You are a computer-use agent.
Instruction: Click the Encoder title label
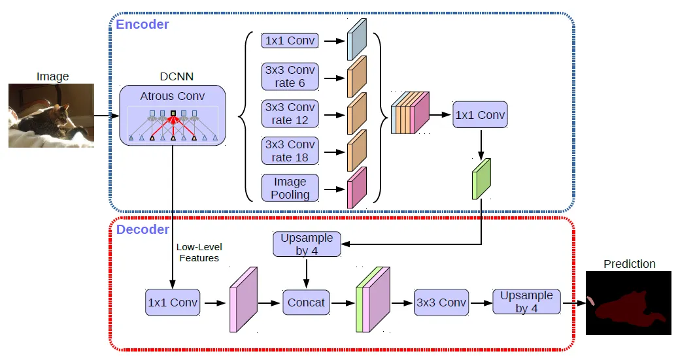click(x=143, y=25)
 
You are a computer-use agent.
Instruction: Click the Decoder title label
click(x=143, y=230)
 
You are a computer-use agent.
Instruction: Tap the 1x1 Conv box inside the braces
click(x=290, y=41)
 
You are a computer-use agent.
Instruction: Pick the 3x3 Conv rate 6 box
click(x=290, y=77)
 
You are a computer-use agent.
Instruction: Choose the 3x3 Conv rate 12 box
click(x=290, y=114)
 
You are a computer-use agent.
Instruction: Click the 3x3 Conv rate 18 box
click(x=290, y=151)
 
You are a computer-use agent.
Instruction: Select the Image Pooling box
click(x=290, y=188)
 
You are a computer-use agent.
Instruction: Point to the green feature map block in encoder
click(x=481, y=179)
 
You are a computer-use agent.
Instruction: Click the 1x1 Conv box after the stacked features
click(x=481, y=115)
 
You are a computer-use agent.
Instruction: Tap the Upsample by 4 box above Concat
click(x=307, y=244)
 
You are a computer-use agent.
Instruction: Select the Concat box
click(x=306, y=303)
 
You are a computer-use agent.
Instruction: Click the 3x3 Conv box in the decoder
click(x=441, y=303)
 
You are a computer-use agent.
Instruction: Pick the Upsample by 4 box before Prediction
click(x=526, y=302)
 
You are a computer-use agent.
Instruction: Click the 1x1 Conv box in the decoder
click(x=172, y=303)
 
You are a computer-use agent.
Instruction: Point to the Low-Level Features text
click(x=199, y=253)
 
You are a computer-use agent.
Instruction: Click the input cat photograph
click(x=51, y=116)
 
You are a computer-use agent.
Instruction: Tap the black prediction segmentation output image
click(x=628, y=303)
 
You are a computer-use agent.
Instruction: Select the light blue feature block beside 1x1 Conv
click(x=358, y=41)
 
